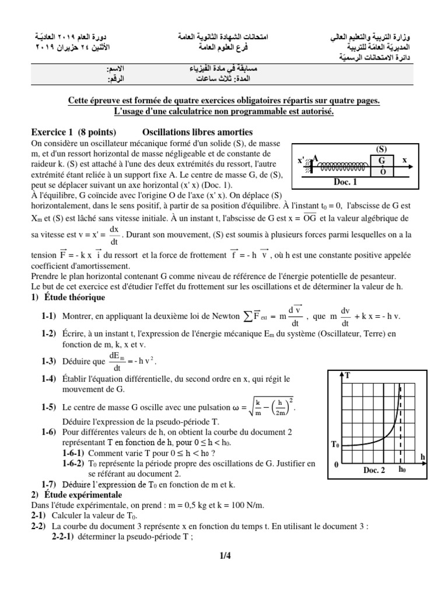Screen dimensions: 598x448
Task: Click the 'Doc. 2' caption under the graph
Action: (374, 470)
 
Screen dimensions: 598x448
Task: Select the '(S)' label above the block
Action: (381, 149)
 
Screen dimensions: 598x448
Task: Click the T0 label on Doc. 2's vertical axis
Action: (335, 445)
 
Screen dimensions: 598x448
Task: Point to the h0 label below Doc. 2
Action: (402, 470)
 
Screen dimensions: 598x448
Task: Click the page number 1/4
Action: (225, 555)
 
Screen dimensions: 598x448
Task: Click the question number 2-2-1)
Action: (64, 537)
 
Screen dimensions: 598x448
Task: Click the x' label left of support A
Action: (302, 160)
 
